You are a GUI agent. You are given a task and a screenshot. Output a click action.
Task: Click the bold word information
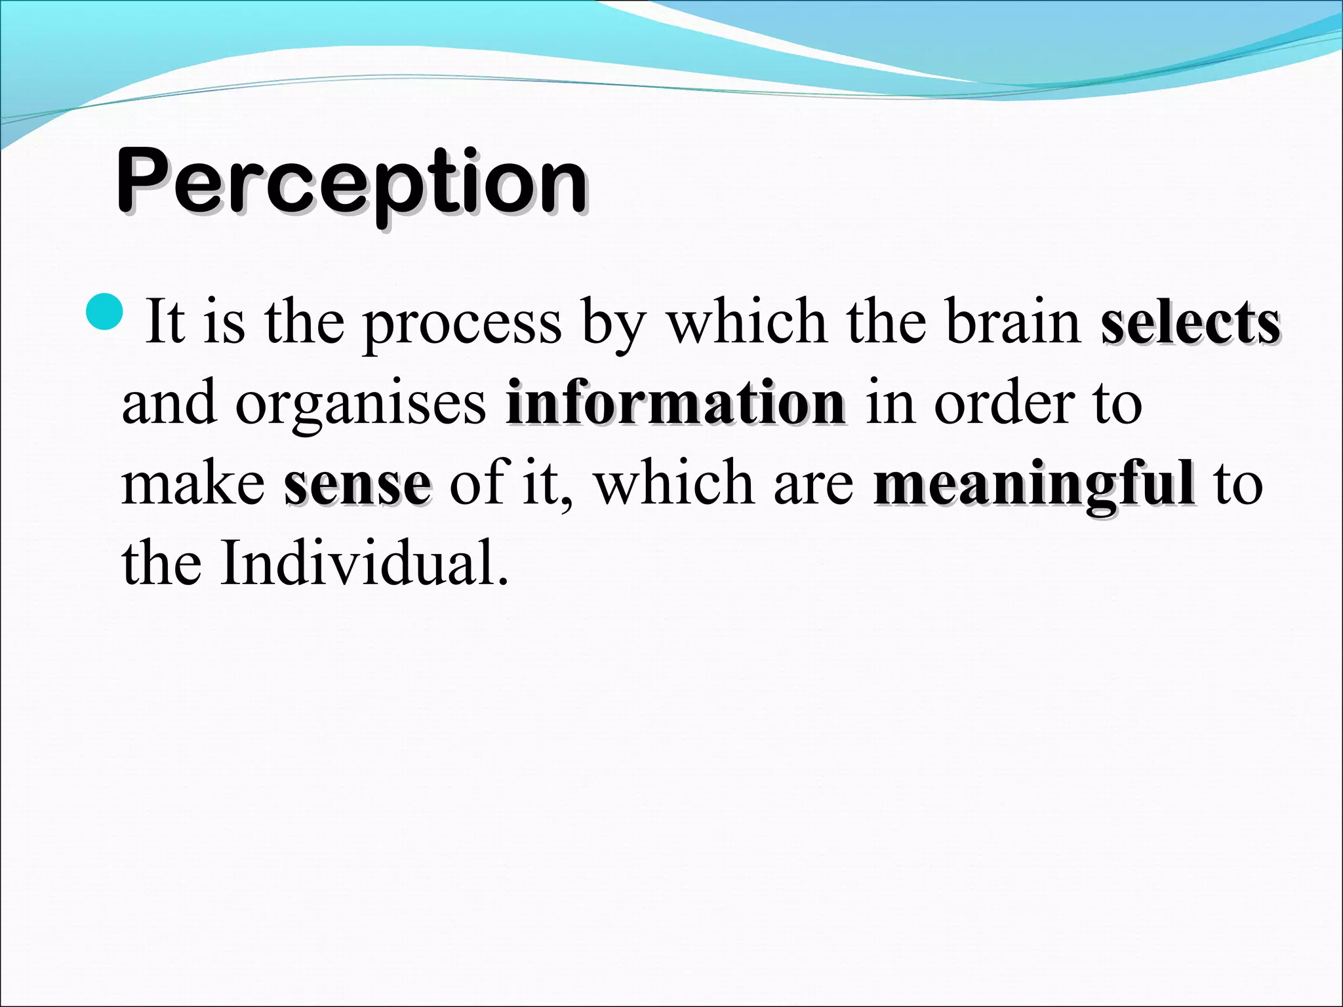[x=675, y=403]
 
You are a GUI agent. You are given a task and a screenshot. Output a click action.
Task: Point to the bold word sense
[x=357, y=485]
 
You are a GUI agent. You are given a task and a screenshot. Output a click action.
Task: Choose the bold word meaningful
[x=1033, y=485]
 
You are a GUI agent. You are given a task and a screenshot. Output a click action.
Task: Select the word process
[x=462, y=325]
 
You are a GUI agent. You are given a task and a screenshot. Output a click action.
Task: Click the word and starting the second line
[x=169, y=403]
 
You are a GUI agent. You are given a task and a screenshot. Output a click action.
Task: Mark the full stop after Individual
[x=503, y=581]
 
